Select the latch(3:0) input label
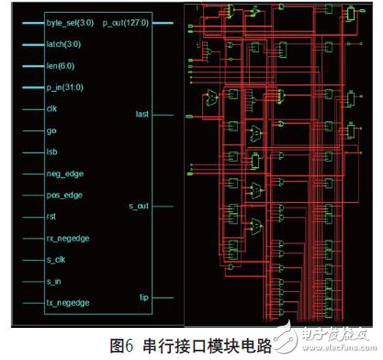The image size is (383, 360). point(61,45)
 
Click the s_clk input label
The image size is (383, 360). point(54,260)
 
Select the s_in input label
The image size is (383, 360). point(53,281)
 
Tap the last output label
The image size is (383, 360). point(142,114)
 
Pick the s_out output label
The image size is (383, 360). point(139,206)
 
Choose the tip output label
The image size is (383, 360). point(143,297)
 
